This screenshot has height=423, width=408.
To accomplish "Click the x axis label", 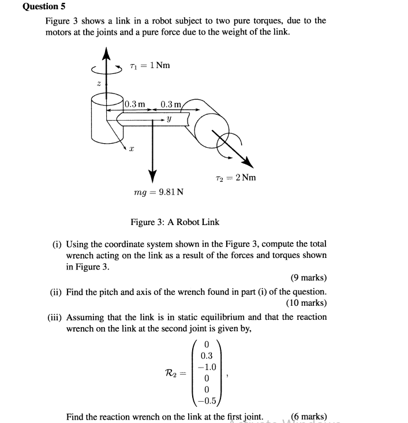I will point(132,149).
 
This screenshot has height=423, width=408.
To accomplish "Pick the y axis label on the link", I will point(168,119).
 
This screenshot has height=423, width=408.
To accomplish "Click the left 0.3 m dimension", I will point(134,104).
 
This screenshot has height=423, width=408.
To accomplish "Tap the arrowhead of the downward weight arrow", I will point(154,174).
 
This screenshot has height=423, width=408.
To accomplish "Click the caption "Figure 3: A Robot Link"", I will point(175,222).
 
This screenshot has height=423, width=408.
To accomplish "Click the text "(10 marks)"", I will point(306,303).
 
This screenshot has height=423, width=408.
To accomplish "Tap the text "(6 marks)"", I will point(309,416).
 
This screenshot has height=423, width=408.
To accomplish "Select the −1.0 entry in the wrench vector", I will point(206,367).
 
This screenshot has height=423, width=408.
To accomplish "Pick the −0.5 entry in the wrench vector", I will point(206,402).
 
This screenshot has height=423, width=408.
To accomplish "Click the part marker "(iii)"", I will point(55,317).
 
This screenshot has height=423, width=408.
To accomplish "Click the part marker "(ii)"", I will point(56,292).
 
